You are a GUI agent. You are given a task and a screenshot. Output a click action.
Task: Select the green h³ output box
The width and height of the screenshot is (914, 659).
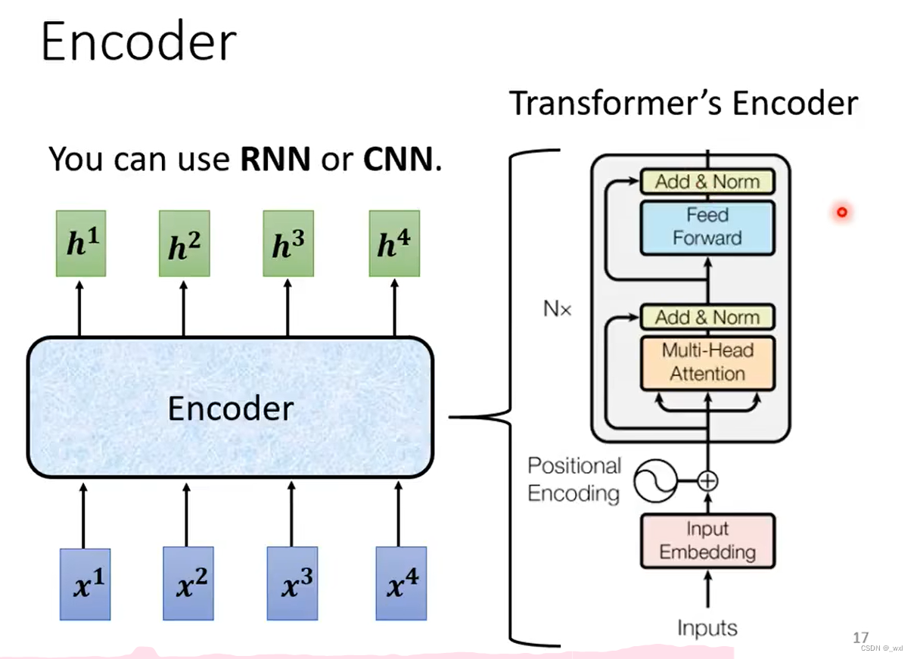pos(288,244)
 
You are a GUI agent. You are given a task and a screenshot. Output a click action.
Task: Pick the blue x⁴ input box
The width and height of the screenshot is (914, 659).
pos(401,584)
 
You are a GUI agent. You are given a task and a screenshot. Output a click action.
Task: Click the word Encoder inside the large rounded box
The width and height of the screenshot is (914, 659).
pos(230,409)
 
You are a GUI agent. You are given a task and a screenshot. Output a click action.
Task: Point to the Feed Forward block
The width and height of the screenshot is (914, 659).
pos(707,227)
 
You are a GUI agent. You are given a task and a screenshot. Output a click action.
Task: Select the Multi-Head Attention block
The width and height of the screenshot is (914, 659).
pos(707,362)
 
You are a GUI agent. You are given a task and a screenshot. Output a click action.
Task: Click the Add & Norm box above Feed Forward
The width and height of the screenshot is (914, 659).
pos(707,182)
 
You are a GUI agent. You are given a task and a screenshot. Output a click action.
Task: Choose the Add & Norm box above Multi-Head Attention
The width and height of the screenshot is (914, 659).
pos(707,317)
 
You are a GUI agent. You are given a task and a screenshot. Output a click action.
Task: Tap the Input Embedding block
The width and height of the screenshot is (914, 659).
pos(707,541)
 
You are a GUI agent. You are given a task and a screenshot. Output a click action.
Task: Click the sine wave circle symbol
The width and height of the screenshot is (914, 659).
pos(654,481)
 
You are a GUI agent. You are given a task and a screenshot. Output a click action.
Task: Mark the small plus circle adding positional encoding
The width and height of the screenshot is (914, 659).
pos(707,480)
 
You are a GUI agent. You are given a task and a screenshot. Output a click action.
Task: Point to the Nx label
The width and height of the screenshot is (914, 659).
pos(558,309)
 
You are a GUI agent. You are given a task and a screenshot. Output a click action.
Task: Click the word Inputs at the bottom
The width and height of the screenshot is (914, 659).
pos(707,628)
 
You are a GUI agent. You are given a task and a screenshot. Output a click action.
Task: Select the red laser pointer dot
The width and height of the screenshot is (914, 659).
pos(841,213)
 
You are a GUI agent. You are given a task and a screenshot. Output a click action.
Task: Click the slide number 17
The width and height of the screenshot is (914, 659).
pos(860,638)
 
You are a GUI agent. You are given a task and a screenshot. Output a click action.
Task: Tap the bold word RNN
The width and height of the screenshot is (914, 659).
pos(275,159)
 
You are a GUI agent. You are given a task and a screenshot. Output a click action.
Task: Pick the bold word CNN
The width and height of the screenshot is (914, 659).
pos(399,159)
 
